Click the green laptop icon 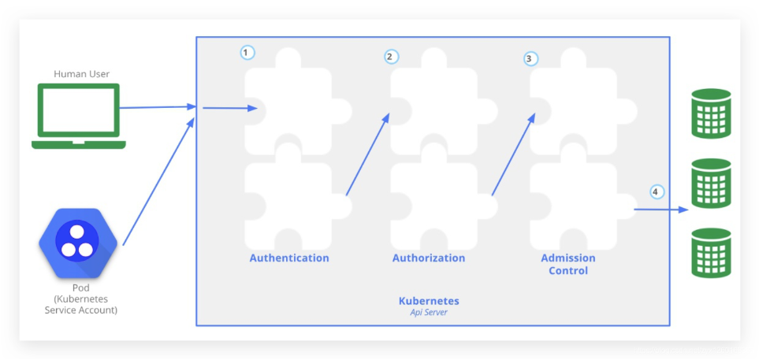(79, 115)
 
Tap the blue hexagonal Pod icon (77, 242)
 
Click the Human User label (81, 74)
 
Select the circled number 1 (247, 53)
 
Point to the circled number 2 (391, 57)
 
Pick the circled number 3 (530, 58)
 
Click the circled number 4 (656, 191)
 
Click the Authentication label (289, 258)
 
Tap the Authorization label (429, 258)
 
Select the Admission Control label (567, 264)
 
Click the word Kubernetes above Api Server (429, 301)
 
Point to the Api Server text (429, 313)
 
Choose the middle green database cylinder (711, 184)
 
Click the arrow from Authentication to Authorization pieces (367, 154)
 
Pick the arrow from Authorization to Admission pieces (513, 154)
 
